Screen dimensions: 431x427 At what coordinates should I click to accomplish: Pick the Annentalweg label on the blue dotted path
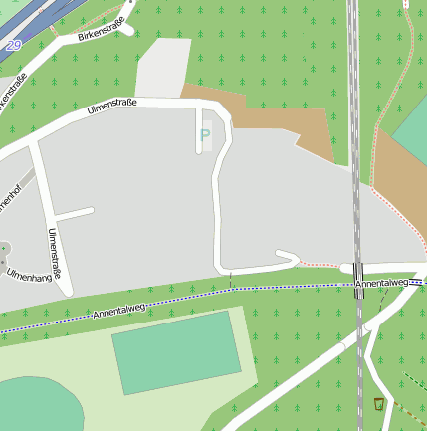[119, 311]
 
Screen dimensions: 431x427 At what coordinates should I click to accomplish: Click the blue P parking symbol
[205, 135]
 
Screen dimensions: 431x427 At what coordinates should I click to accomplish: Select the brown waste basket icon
[378, 403]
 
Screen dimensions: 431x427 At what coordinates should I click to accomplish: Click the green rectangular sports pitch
[177, 351]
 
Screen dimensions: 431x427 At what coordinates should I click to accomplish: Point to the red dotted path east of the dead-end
[319, 265]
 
